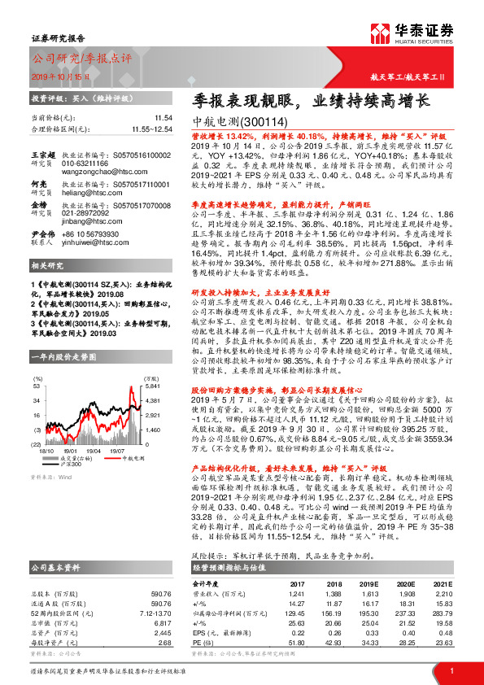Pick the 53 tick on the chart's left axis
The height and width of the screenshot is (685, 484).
click(x=37, y=387)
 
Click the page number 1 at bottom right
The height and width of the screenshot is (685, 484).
click(x=451, y=670)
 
